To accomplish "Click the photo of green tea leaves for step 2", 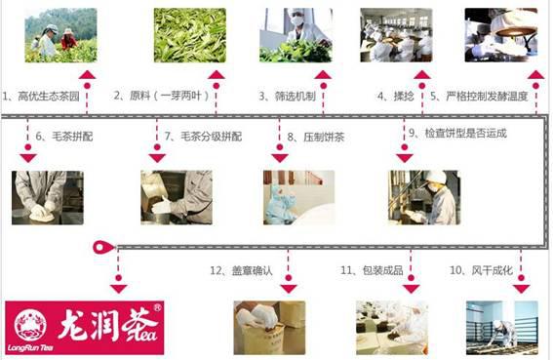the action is pos(190,35).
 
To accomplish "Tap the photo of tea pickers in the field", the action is pos(61,35).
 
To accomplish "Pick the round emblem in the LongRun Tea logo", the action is pos(30,326).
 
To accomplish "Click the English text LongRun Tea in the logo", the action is pos(30,348).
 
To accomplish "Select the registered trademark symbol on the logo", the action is pos(157,307).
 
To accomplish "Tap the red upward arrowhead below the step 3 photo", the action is pos(323,74).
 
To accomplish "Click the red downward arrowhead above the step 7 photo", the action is pos(157,158).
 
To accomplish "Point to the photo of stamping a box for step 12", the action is pos(269,328).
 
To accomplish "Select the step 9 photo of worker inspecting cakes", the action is pos(424,198).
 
